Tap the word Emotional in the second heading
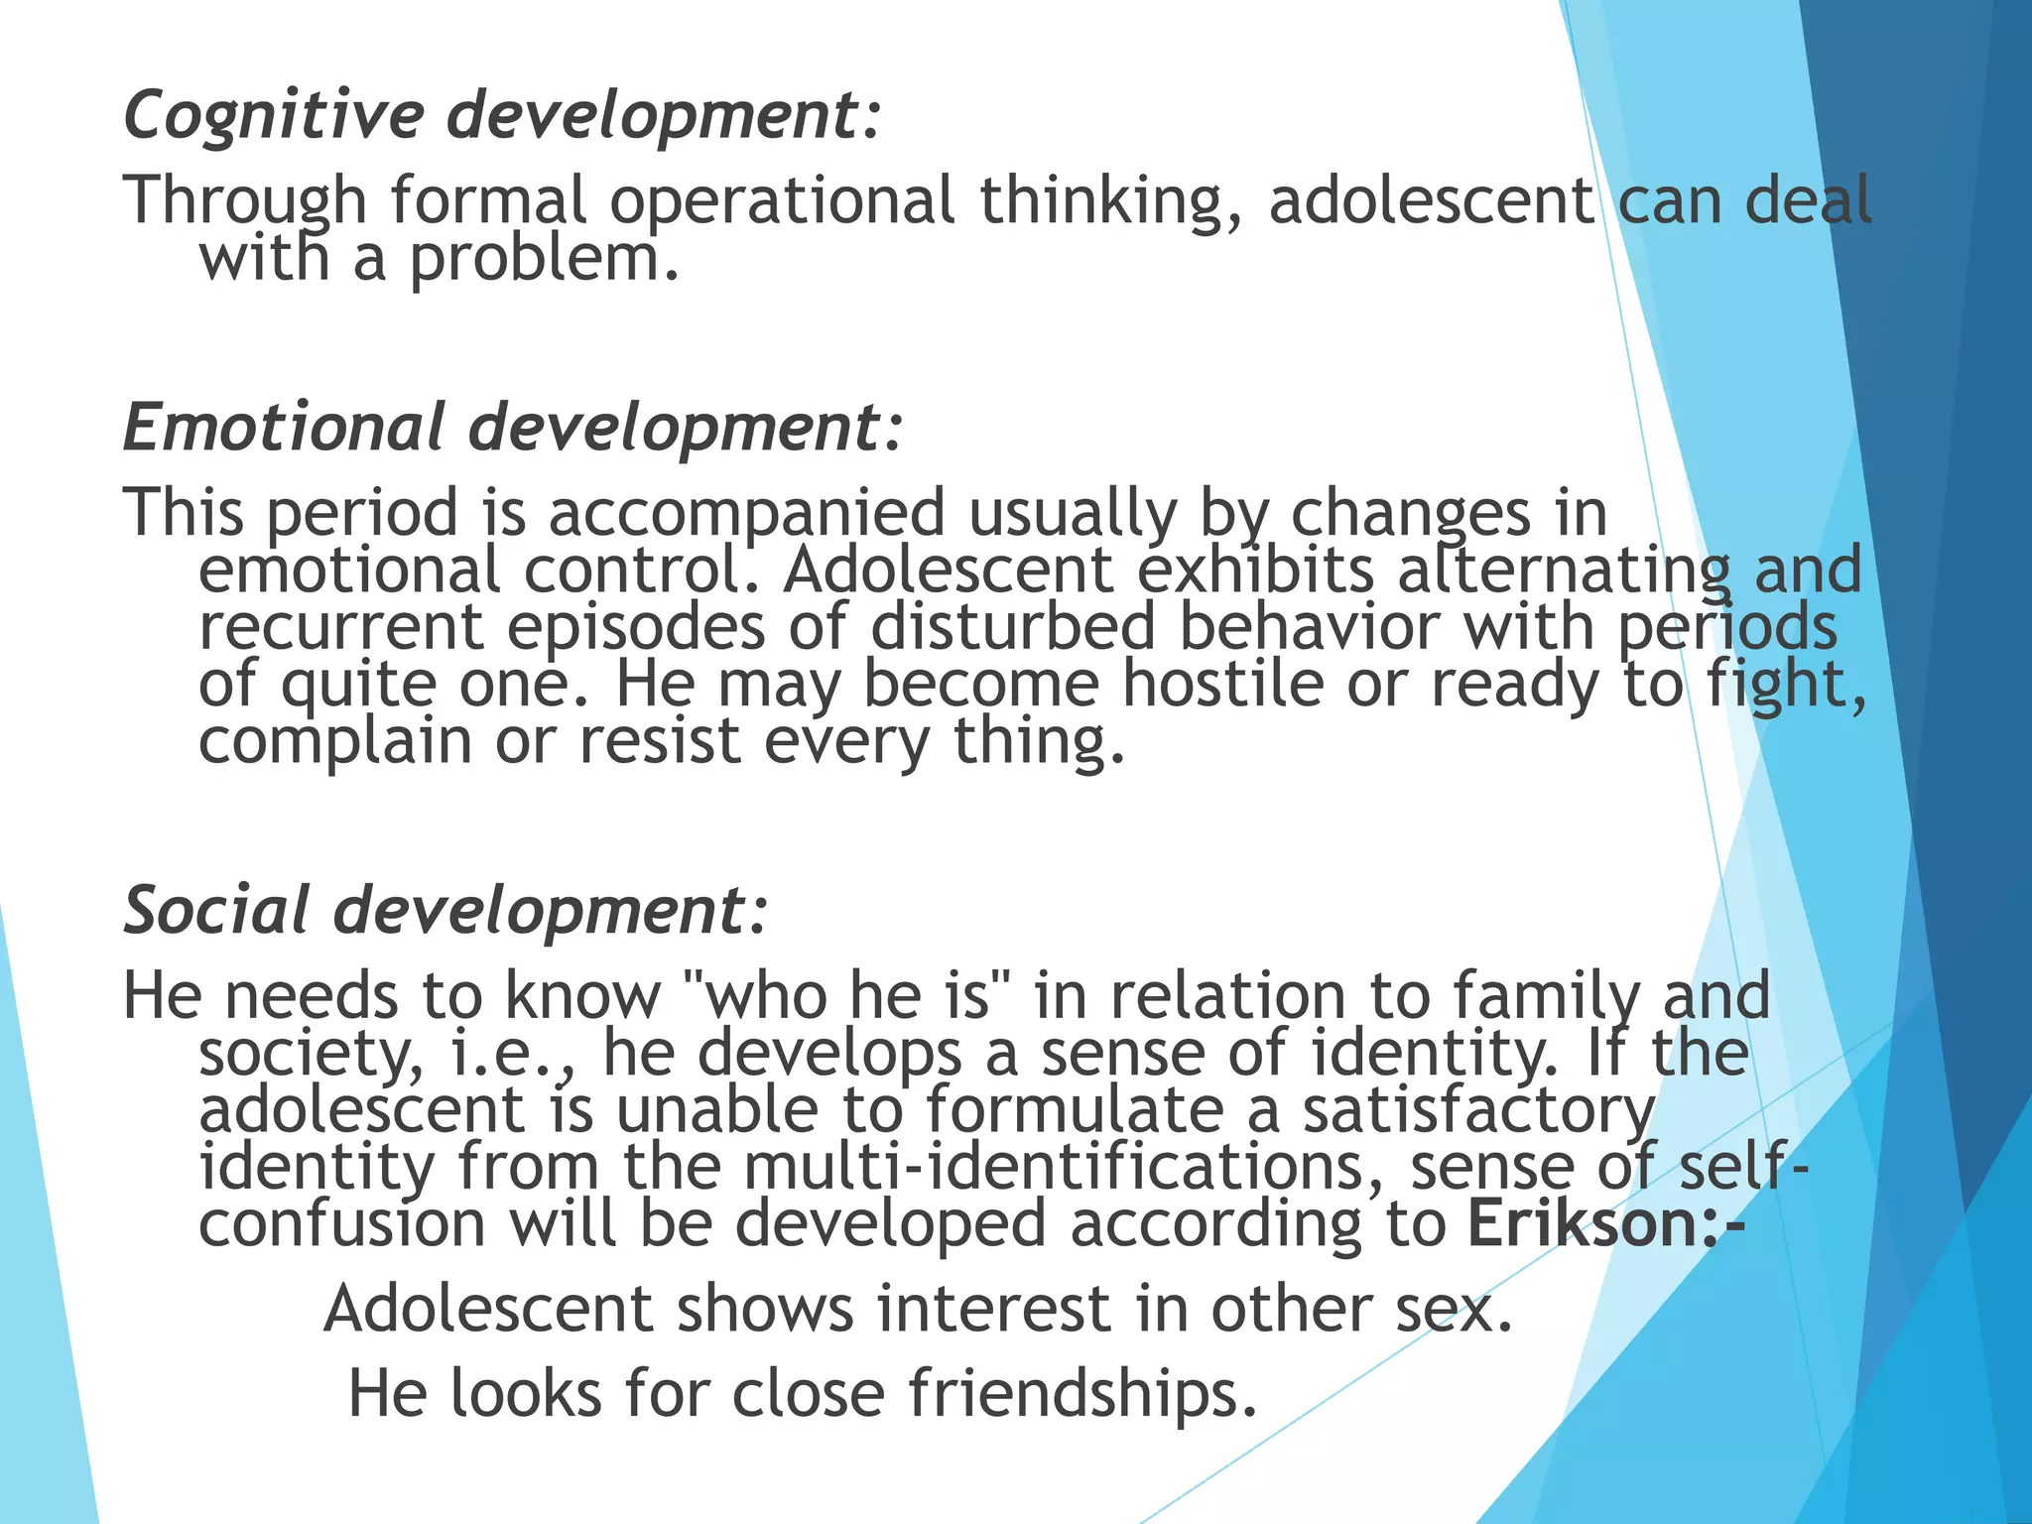[284, 429]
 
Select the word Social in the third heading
[216, 911]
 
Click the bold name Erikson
[1584, 1224]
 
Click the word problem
[544, 260]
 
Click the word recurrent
[341, 627]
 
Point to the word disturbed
[1013, 627]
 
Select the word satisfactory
[1478, 1111]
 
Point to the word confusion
[342, 1224]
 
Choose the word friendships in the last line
[1082, 1394]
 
